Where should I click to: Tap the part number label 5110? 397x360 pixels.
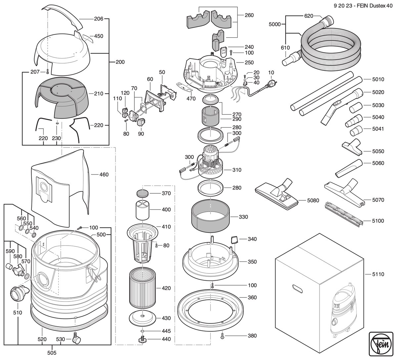[x=378, y=274]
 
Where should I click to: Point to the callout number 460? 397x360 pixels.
[x=104, y=175]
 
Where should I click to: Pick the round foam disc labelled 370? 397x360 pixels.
[x=143, y=193]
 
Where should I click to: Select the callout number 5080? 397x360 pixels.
[x=313, y=200]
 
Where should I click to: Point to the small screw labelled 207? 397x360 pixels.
[x=48, y=72]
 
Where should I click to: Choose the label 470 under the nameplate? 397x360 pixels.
[x=191, y=99]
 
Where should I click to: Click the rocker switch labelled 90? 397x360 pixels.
[x=141, y=122]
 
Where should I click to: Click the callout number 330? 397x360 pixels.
[x=243, y=217]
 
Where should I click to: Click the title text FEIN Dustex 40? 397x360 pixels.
[x=375, y=6]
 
